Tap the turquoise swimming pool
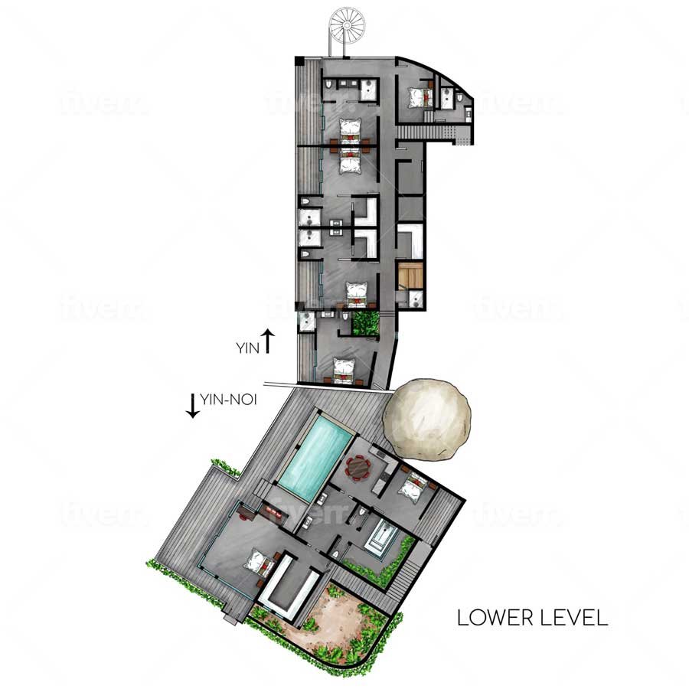316,458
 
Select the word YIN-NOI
228,400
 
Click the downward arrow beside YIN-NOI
192,406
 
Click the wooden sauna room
410,276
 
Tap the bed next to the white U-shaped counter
260,563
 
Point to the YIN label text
248,348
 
